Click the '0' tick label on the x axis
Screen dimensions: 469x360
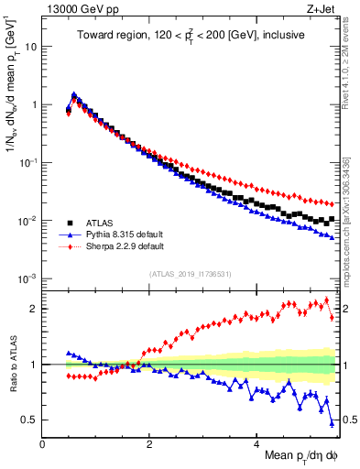[x=43, y=445]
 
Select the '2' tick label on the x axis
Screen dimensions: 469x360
[x=149, y=445]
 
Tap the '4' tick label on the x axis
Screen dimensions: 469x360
[x=256, y=445]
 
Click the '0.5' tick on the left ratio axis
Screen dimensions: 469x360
[x=29, y=420]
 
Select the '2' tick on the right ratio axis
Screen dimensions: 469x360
[x=346, y=309]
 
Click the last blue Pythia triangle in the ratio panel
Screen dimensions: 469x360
[x=332, y=422]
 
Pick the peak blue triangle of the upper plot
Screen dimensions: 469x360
[x=74, y=95]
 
